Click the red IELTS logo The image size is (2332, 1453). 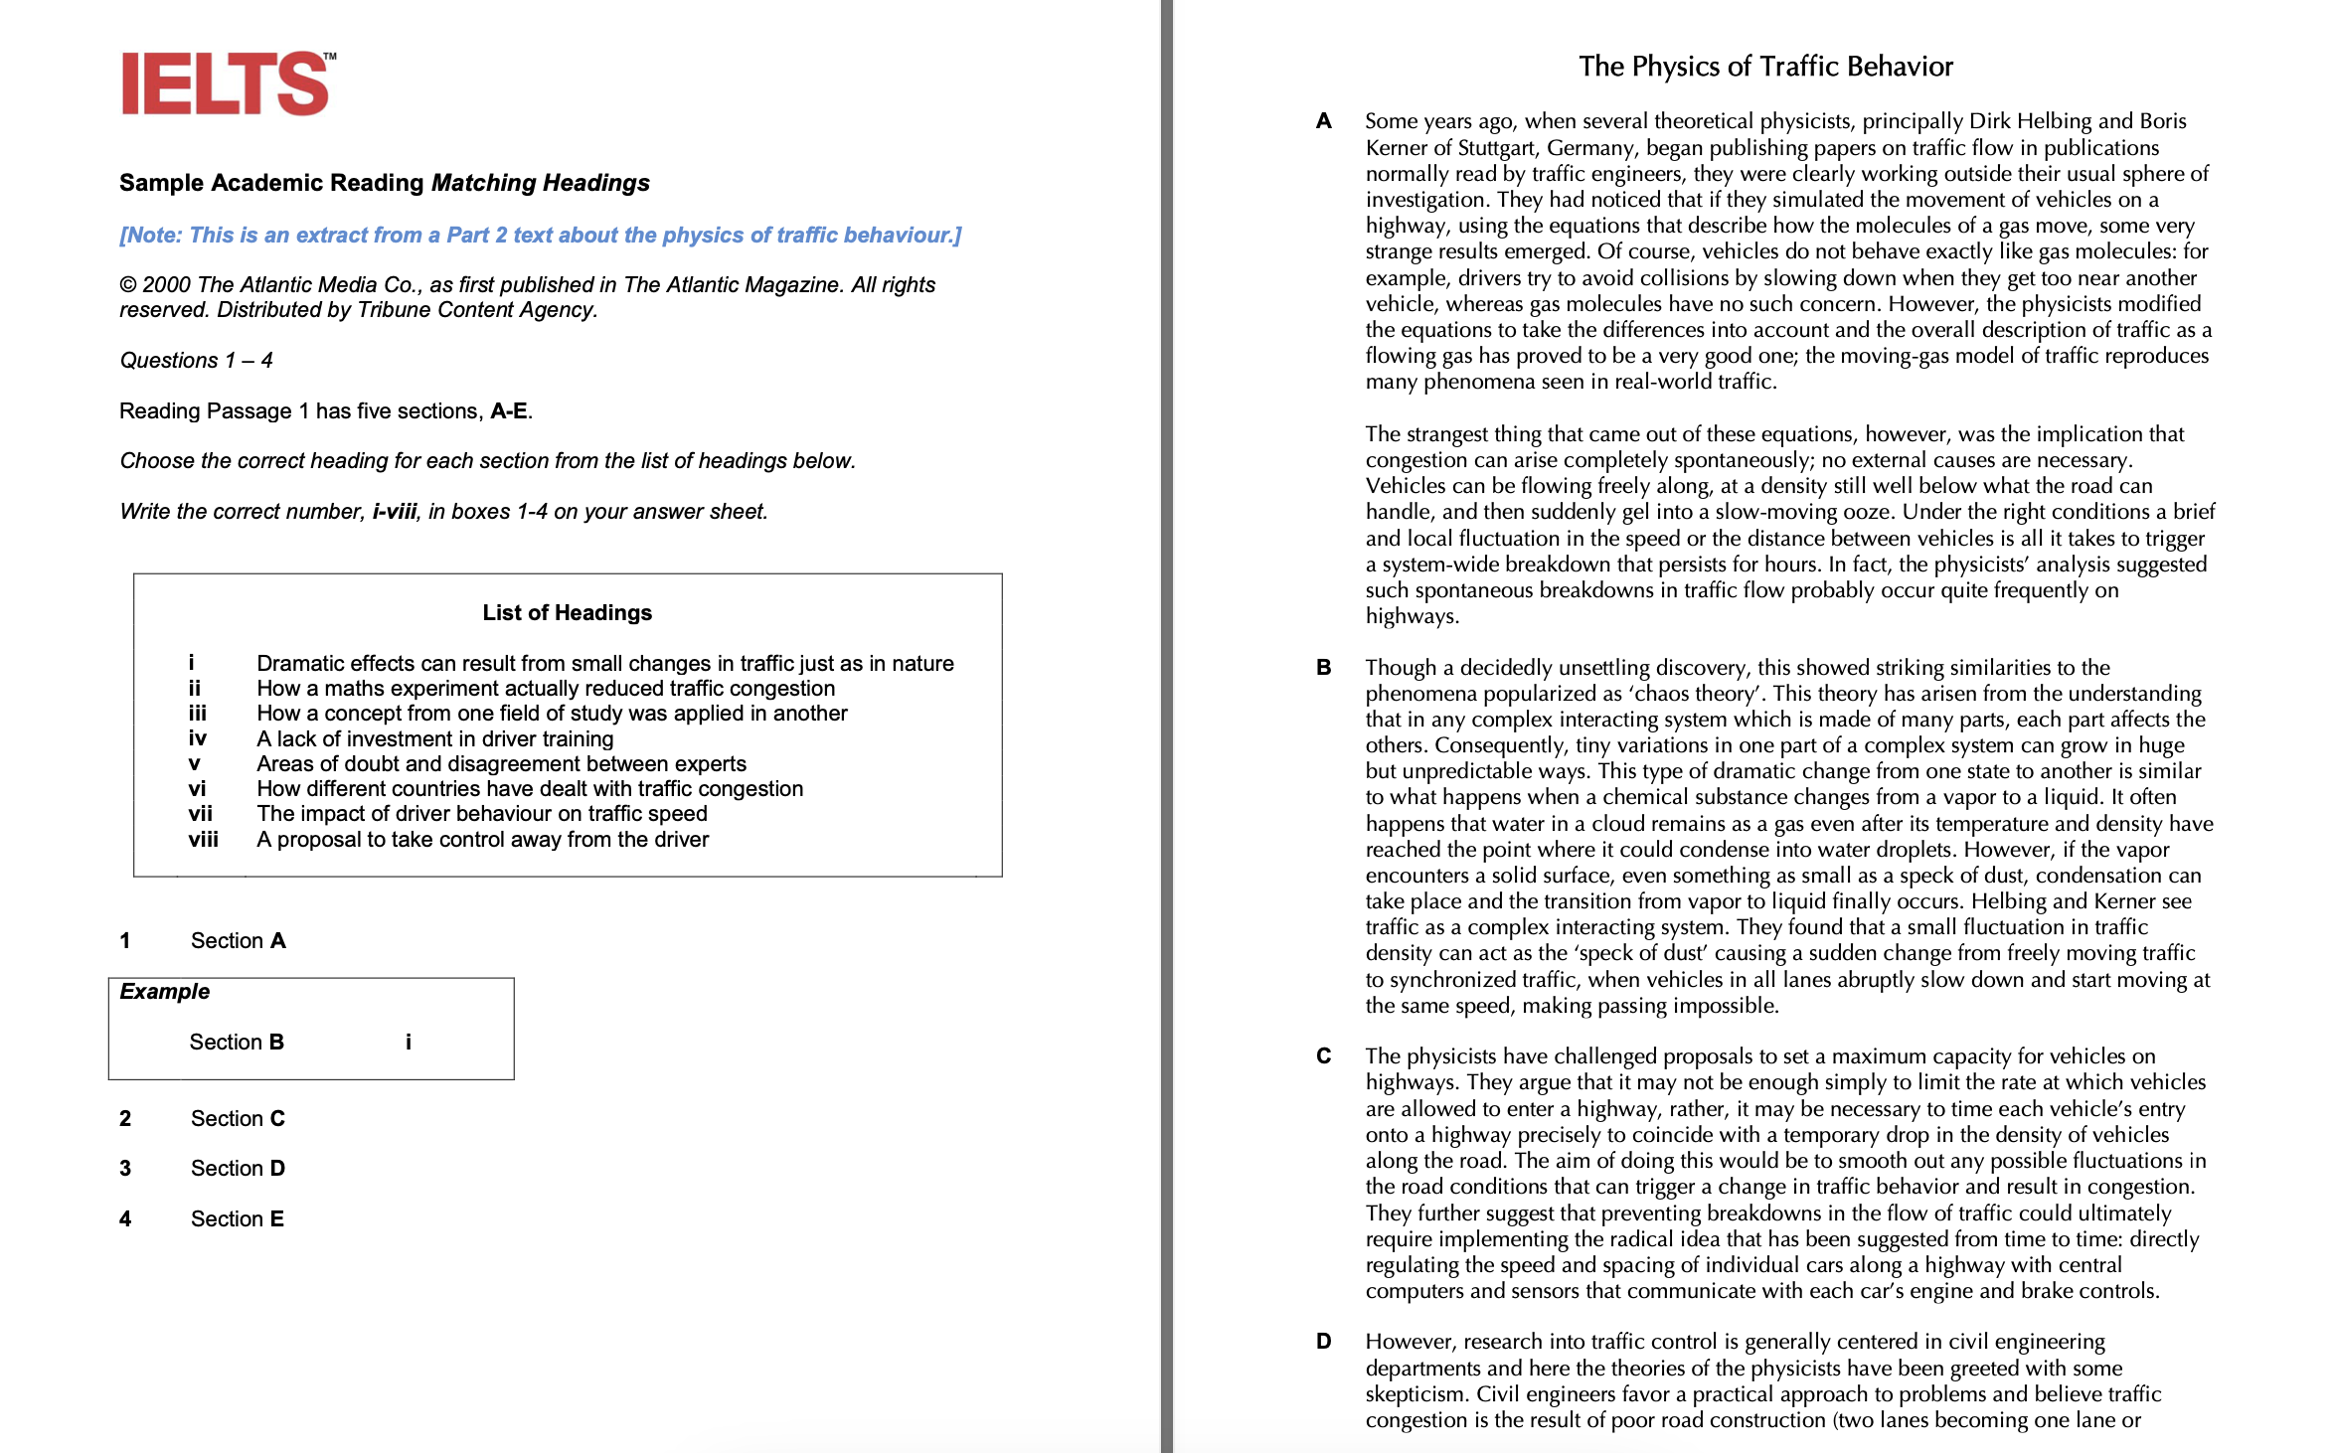pos(227,83)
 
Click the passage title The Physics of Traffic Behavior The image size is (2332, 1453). pos(1765,67)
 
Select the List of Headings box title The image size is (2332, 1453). pos(567,612)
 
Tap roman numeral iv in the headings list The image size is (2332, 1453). pos(198,738)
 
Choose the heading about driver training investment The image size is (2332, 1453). pos(434,738)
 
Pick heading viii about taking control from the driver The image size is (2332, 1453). pos(482,839)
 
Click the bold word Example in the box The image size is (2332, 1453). pos(165,991)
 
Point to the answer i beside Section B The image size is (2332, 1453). pos(408,1042)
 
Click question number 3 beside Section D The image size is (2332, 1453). pos(125,1168)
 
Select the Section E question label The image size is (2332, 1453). pos(237,1218)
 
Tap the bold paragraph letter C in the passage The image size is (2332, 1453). pos(1323,1055)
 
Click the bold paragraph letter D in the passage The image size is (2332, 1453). pos(1323,1341)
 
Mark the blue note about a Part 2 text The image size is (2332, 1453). pos(540,235)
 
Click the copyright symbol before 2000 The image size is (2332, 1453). pos(128,285)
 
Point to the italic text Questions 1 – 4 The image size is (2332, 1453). pos(196,360)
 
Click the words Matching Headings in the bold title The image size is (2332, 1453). pos(540,183)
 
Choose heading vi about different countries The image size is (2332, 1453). pos(529,788)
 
